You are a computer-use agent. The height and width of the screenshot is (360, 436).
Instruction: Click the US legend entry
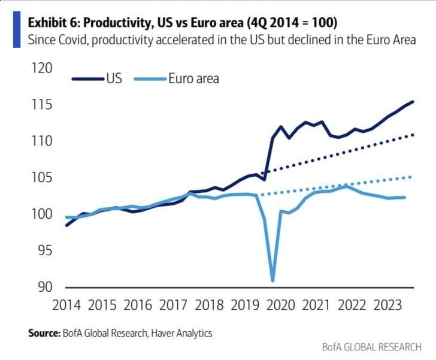[114, 78]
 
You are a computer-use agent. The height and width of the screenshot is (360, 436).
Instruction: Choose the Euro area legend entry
[193, 78]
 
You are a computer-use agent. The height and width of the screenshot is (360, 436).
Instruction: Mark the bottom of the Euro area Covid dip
[273, 280]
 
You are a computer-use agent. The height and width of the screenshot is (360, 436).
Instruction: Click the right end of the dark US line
[413, 102]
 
